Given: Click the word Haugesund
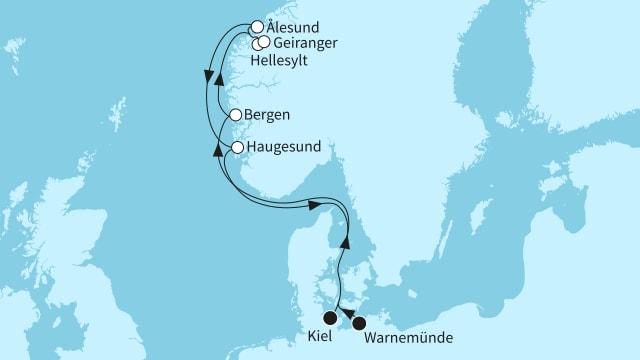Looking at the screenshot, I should point(285,148).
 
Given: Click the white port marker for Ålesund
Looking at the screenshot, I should point(257,28).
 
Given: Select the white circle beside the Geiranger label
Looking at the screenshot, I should point(264,42).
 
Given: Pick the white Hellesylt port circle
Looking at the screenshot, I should point(257,44).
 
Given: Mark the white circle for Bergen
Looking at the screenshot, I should point(235,116).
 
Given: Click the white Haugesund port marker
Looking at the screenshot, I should point(238,148).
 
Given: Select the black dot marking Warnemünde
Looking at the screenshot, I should point(360,323).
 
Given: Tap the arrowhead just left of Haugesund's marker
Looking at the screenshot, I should point(218,149).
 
